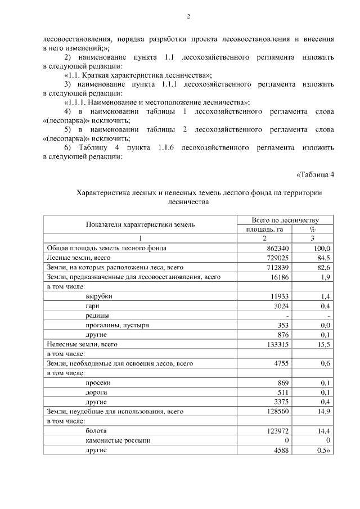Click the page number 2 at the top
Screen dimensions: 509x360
(188, 17)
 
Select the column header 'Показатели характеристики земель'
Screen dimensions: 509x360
(140, 224)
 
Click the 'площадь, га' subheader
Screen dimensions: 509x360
(263, 229)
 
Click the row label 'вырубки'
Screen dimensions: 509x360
(98, 296)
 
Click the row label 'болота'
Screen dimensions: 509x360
(97, 431)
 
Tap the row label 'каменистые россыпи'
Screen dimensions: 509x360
(118, 440)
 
